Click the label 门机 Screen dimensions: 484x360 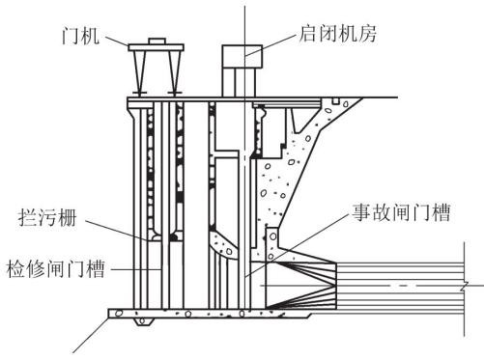(x=80, y=35)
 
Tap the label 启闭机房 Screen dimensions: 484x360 (x=337, y=33)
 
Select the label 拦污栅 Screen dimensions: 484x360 (x=47, y=218)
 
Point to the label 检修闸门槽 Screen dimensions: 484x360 (x=55, y=268)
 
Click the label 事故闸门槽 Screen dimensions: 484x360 (x=401, y=212)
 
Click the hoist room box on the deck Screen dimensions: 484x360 (x=242, y=57)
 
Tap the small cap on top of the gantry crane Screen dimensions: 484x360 (x=157, y=42)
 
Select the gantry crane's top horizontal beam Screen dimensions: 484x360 (x=157, y=47)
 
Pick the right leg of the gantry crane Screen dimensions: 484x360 (x=174, y=72)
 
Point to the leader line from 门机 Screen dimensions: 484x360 (x=117, y=42)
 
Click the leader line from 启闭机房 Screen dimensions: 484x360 (x=270, y=44)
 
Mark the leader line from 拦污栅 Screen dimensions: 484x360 (x=118, y=230)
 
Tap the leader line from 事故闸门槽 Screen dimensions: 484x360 (x=297, y=245)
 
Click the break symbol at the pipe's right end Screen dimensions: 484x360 (x=465, y=286)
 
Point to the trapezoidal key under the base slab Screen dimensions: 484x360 (x=143, y=321)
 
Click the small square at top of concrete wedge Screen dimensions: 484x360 (x=336, y=101)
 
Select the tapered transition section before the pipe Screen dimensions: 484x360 (x=301, y=285)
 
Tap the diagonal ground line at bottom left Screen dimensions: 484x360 (x=91, y=335)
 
